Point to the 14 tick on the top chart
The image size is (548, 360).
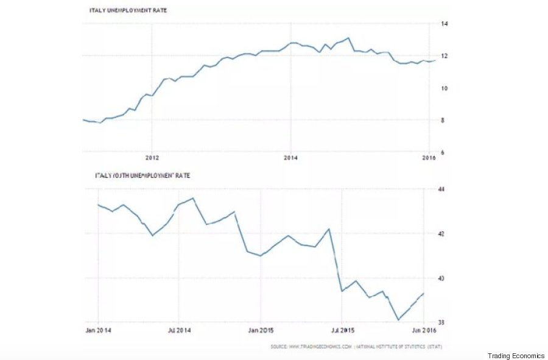(444, 24)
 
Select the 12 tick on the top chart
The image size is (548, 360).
(444, 56)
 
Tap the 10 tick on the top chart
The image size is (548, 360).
(444, 88)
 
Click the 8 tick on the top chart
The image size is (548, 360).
(444, 121)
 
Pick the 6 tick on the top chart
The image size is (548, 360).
(444, 153)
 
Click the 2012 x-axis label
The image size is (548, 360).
(152, 157)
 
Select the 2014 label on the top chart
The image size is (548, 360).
(291, 157)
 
